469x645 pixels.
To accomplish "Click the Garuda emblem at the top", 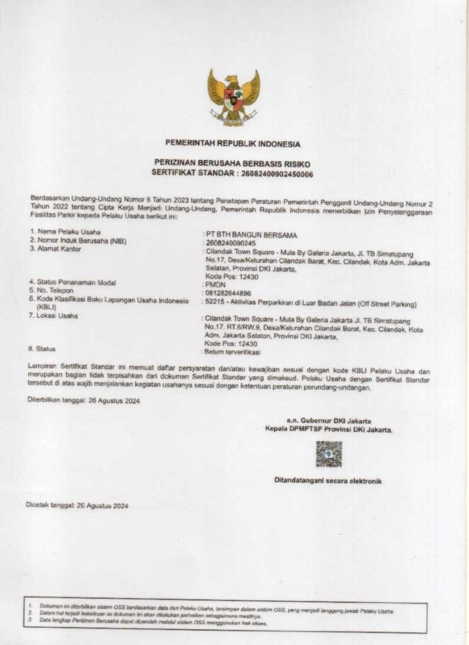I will coord(233,96).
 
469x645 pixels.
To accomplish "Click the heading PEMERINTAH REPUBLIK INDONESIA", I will coord(233,144).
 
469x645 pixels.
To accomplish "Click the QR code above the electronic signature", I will coord(328,454).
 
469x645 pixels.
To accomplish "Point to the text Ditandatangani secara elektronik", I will coord(327,481).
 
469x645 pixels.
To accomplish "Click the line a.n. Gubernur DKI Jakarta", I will coord(328,420).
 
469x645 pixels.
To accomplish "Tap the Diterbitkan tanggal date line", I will coord(83,400).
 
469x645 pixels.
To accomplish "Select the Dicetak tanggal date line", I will coord(77,505).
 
